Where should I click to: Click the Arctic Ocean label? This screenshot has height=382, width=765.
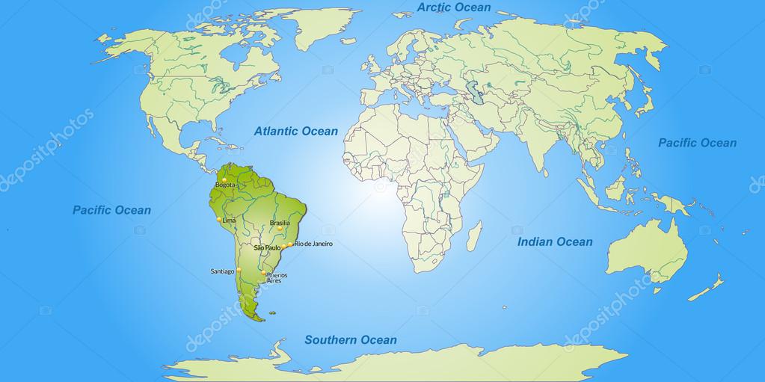click(x=454, y=7)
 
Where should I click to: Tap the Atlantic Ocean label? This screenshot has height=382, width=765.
click(x=296, y=131)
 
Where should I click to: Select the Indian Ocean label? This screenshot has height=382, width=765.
click(x=555, y=241)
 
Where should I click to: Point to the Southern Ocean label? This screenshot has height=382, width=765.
click(x=350, y=340)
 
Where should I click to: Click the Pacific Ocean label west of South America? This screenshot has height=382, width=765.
click(x=111, y=210)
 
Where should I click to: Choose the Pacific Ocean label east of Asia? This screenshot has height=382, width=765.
click(x=697, y=143)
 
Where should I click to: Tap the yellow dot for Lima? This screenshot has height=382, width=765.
click(x=219, y=220)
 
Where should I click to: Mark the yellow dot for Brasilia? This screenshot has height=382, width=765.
click(x=280, y=229)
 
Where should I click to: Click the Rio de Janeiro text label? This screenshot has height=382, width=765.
click(x=313, y=244)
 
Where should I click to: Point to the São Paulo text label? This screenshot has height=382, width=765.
click(x=267, y=247)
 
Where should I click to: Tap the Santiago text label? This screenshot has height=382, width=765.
click(x=223, y=271)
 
